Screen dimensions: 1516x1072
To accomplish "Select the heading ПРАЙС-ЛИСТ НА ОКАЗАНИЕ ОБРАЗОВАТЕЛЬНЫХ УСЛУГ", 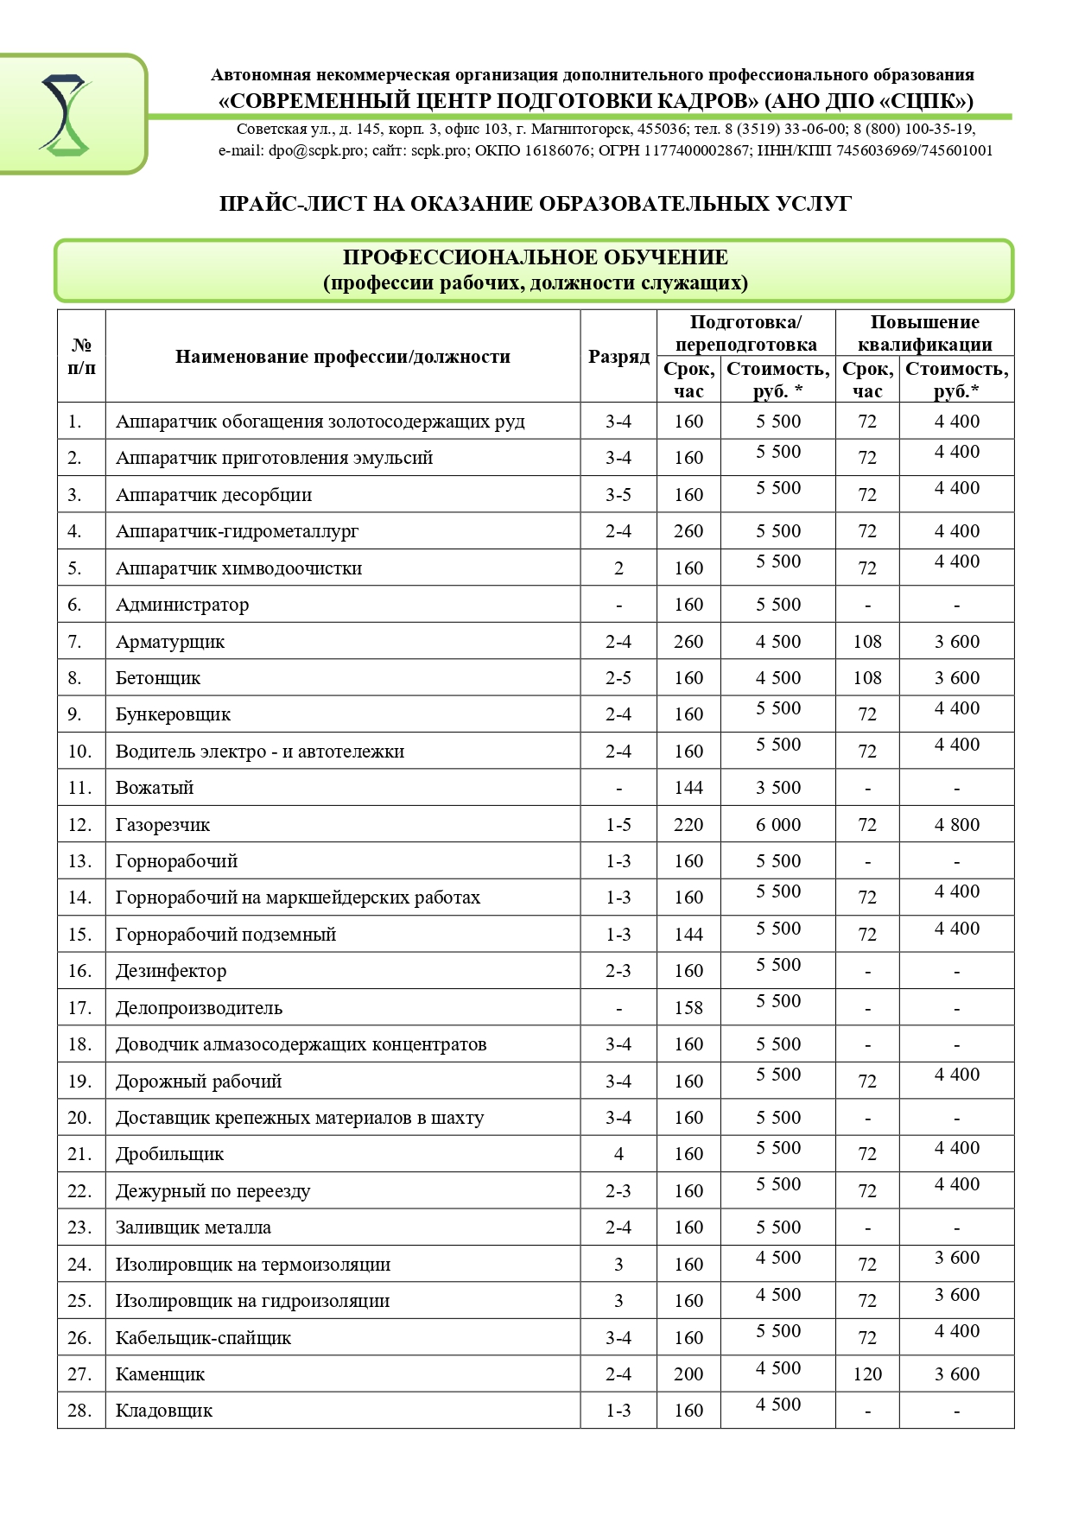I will point(536,204).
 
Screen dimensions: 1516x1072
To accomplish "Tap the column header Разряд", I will point(618,357).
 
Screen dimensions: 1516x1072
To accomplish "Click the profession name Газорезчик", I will point(162,825).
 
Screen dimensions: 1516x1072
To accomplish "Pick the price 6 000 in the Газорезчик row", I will point(778,825).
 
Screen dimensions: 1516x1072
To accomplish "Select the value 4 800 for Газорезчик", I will point(956,825).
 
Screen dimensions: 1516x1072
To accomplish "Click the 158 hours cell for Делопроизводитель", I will point(688,1008).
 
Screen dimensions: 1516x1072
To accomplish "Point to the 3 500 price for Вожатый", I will point(778,788).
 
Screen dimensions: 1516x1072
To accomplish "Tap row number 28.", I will point(79,1411).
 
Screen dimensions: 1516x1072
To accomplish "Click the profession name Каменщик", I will point(161,1374).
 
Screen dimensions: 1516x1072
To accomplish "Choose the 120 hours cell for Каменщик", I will point(867,1374).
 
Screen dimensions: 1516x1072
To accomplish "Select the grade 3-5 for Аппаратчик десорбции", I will point(618,495).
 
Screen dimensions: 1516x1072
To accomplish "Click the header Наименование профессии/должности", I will point(343,357).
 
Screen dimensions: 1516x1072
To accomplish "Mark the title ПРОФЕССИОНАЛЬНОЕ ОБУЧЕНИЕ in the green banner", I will point(536,257).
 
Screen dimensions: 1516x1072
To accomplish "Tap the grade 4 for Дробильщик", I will point(618,1154).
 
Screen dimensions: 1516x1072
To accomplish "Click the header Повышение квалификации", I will point(924,333).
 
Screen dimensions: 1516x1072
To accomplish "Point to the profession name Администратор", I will point(182,605).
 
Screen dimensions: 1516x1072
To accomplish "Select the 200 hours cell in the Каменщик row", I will point(688,1374).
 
